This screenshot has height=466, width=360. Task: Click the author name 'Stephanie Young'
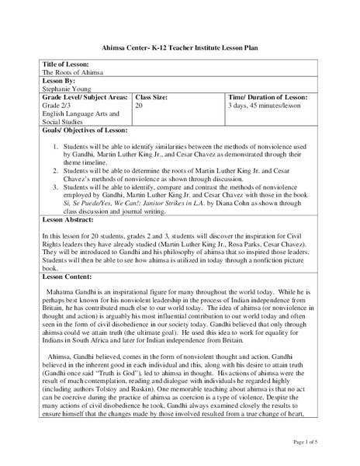[x=67, y=90]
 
